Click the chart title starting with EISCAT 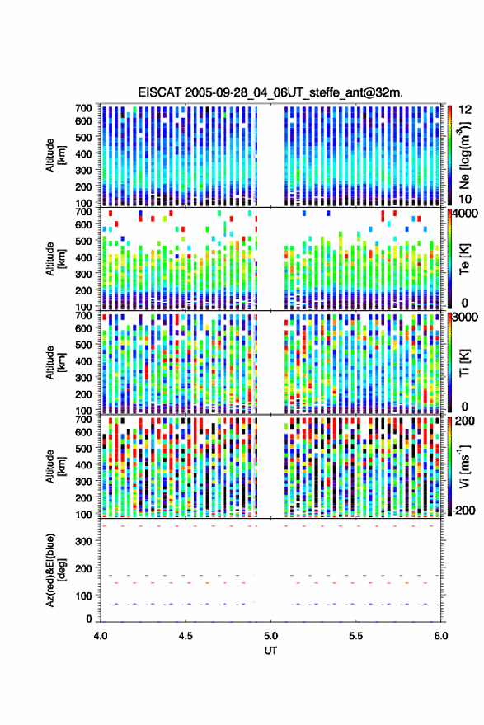pos(270,92)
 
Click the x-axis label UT pos(270,651)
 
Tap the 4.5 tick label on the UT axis pos(186,636)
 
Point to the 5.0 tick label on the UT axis pos(270,636)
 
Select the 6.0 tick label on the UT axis pos(440,636)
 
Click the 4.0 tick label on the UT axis pos(101,636)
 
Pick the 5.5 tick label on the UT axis pos(355,636)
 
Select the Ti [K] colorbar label pos(464,363)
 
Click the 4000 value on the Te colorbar pos(466,213)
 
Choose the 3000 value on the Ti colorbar pos(466,317)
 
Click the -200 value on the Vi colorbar pos(464,510)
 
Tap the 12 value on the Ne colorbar pos(465,110)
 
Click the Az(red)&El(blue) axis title pos(55,570)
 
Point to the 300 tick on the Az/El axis pos(83,541)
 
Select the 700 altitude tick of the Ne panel pos(83,108)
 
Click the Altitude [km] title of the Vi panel pos(55,466)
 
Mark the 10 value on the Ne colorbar pos(465,200)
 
